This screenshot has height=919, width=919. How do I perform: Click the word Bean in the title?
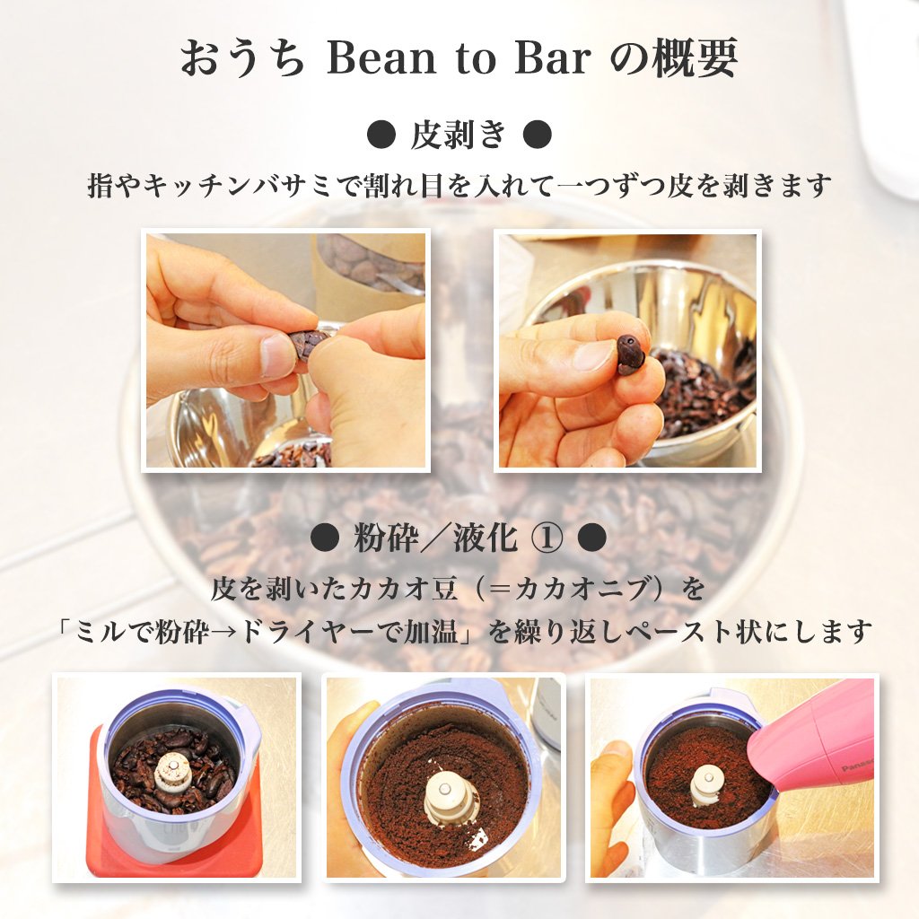[381, 58]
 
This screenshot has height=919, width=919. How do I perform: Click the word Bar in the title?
[552, 58]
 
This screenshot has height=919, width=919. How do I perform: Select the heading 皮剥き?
[459, 135]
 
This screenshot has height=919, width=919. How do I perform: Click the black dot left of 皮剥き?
[381, 135]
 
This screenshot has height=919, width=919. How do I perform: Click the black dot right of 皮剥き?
[537, 135]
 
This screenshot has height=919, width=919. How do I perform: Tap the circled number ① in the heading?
[548, 538]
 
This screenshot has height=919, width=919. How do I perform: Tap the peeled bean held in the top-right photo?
[631, 354]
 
